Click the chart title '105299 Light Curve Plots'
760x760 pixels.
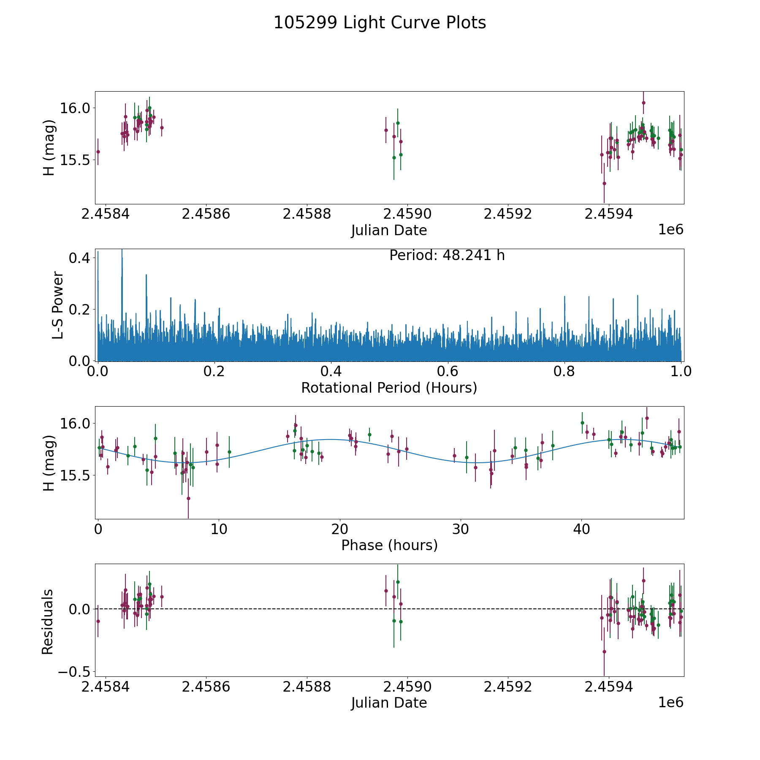tap(380, 23)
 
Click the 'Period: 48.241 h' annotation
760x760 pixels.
tap(447, 255)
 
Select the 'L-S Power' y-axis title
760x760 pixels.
tap(58, 305)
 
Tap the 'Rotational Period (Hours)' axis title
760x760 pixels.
tap(389, 388)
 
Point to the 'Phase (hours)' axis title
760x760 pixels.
tap(389, 545)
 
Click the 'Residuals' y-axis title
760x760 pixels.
tap(48, 622)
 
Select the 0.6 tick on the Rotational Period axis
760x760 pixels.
tap(448, 372)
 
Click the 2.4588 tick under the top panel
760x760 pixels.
tap(307, 214)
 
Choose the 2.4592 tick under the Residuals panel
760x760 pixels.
tap(508, 687)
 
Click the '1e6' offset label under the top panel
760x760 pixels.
tap(670, 230)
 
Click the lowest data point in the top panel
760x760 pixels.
tap(604, 183)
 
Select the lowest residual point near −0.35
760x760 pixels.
tap(604, 651)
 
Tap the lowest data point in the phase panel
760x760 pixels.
tap(188, 498)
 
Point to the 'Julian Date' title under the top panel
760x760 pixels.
tap(389, 231)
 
